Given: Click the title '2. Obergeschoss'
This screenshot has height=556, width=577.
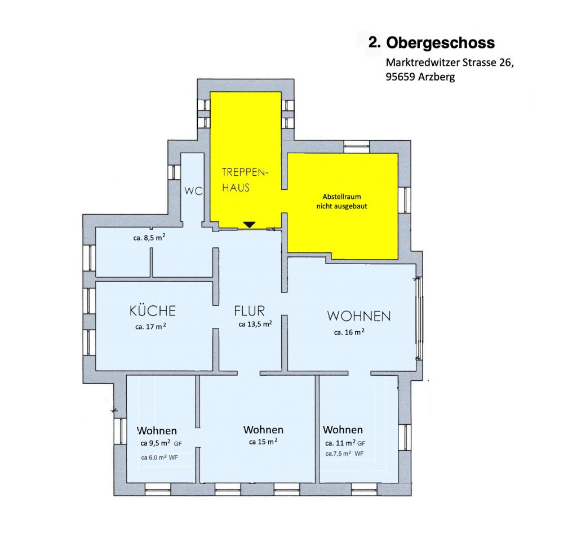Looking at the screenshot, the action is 431,43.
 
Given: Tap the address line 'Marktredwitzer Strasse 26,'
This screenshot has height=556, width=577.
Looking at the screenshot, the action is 450,63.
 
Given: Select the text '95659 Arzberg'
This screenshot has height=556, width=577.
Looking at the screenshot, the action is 420,77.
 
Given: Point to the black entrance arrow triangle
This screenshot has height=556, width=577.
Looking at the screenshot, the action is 250,224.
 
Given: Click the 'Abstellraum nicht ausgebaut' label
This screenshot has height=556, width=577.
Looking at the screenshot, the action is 342,201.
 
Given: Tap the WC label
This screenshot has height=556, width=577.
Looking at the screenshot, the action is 194,190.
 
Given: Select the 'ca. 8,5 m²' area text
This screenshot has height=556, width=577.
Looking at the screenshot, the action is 149,237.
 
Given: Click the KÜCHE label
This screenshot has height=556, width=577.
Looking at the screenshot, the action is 153,311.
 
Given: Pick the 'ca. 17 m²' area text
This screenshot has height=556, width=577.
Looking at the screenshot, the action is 150,326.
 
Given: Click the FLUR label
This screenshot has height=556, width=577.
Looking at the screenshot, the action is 250,311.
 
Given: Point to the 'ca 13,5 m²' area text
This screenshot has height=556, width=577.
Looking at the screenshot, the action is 255,324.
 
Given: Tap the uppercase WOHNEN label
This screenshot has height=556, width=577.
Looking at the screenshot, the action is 359,316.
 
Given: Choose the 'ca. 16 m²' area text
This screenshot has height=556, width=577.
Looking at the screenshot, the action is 349,332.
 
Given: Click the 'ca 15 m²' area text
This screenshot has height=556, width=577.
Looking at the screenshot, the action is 263,442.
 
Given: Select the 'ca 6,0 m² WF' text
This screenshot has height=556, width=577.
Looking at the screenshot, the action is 159,457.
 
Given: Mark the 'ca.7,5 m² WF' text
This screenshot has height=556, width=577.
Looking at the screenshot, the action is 344,453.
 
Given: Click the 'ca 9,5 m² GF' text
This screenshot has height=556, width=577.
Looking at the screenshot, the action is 161,443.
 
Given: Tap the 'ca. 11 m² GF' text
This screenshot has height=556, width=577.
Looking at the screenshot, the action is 345,443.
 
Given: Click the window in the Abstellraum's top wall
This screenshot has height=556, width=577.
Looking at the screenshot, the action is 356,146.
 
